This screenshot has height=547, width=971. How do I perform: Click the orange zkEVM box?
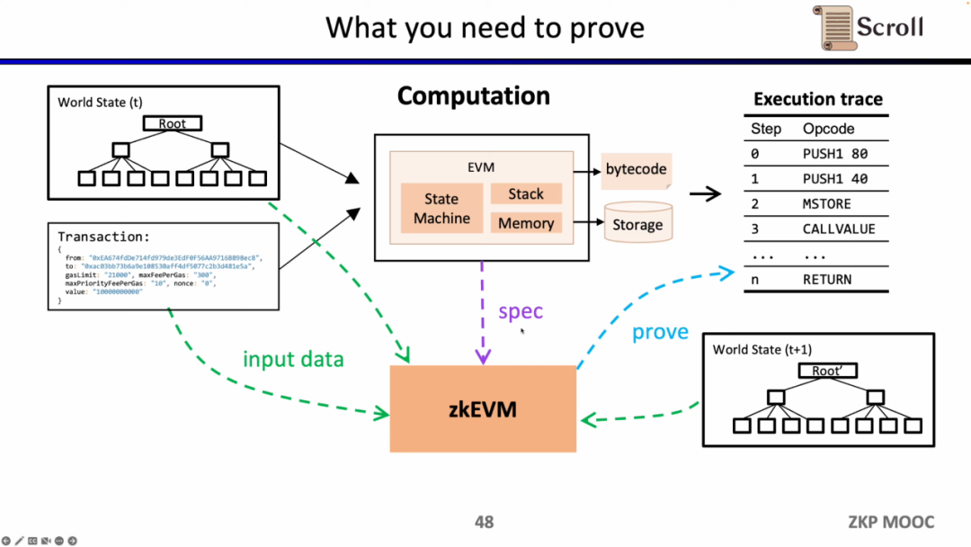pyautogui.click(x=483, y=409)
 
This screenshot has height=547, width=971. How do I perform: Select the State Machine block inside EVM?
pyautogui.click(x=441, y=209)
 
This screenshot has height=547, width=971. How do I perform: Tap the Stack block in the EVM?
pyautogui.click(x=526, y=193)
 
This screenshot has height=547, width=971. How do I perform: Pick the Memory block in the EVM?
pyautogui.click(x=526, y=223)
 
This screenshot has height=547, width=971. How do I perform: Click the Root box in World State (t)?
pyautogui.click(x=172, y=123)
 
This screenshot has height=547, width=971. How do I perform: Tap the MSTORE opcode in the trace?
pyautogui.click(x=827, y=204)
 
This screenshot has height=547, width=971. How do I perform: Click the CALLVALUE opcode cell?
pyautogui.click(x=838, y=229)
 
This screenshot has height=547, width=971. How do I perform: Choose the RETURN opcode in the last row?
pyautogui.click(x=827, y=280)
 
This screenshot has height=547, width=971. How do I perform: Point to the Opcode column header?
pyautogui.click(x=828, y=129)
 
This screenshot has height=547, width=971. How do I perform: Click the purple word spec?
pyautogui.click(x=521, y=312)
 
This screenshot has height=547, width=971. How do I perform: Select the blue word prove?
pyautogui.click(x=660, y=332)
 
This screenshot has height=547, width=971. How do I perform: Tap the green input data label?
pyautogui.click(x=293, y=360)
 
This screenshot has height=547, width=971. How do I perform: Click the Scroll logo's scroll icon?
pyautogui.click(x=837, y=28)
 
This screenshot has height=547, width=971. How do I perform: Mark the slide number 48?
pyautogui.click(x=484, y=522)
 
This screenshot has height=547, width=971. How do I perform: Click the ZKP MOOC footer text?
pyautogui.click(x=891, y=522)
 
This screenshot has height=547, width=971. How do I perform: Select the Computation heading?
pyautogui.click(x=473, y=96)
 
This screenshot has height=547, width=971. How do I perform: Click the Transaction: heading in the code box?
pyautogui.click(x=103, y=237)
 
